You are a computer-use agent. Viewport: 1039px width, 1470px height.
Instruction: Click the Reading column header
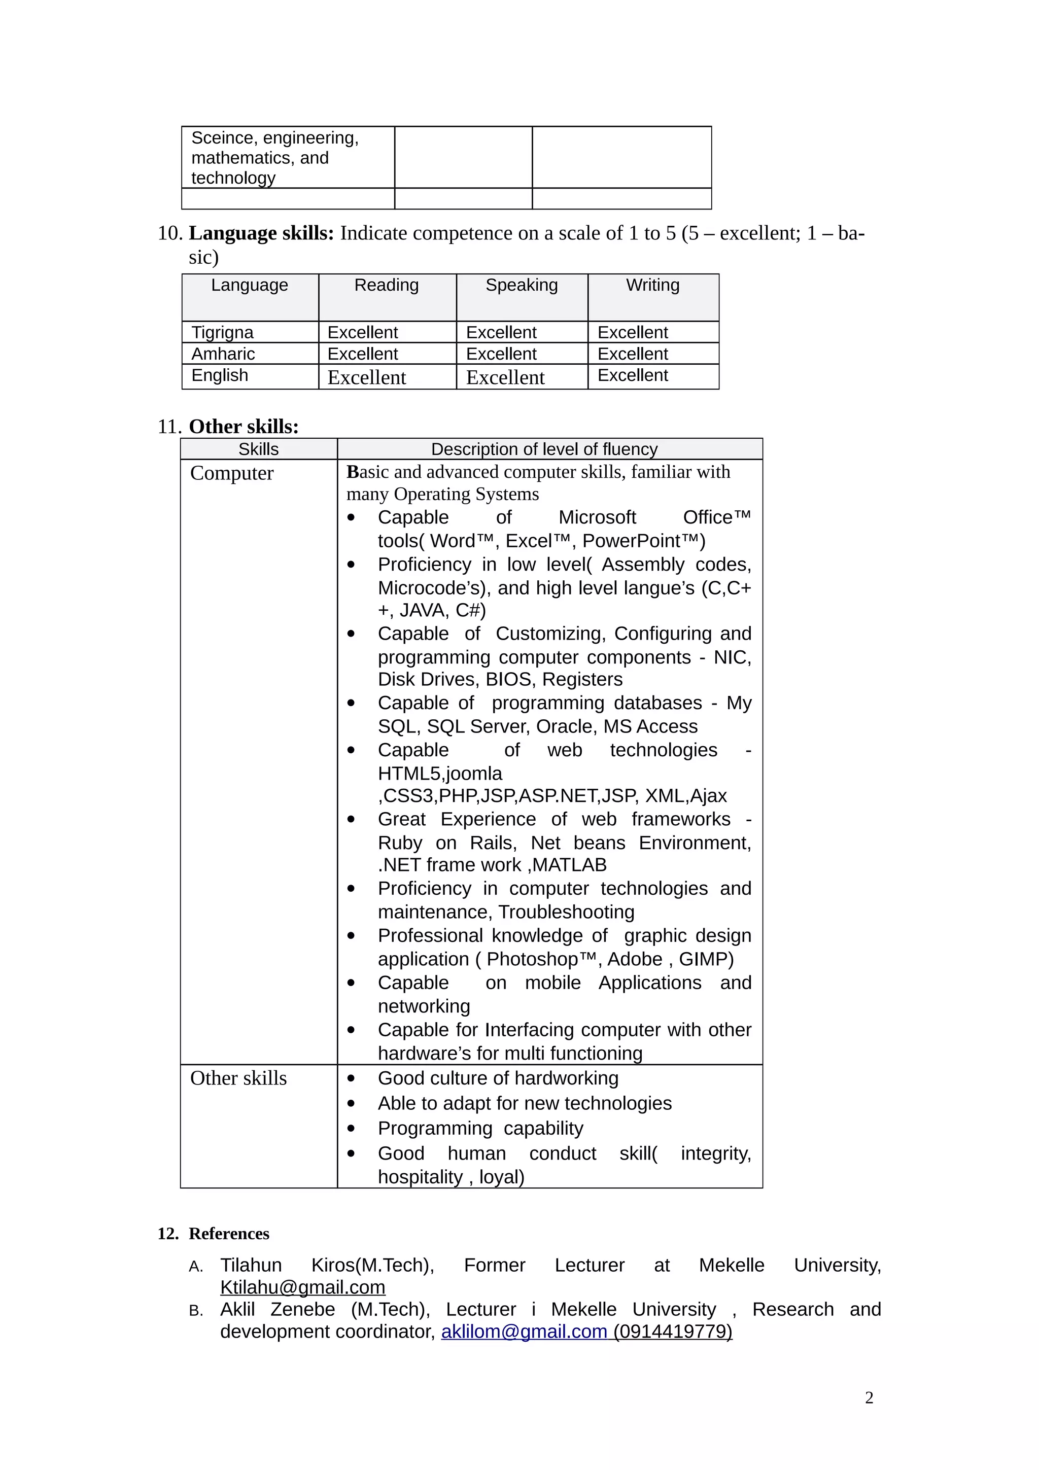[x=386, y=286]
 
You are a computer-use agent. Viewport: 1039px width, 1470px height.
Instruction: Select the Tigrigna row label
[x=222, y=332]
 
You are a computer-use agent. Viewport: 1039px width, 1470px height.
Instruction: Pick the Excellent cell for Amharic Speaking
[x=501, y=354]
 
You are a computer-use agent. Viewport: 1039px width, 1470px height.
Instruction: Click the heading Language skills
[x=261, y=233]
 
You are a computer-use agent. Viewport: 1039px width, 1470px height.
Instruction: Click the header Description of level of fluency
[x=544, y=449]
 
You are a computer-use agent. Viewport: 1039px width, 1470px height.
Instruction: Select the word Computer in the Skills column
[x=232, y=474]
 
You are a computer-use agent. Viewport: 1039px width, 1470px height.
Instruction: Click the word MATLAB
[x=569, y=865]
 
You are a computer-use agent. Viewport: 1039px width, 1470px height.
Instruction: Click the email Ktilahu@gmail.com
[x=302, y=1287]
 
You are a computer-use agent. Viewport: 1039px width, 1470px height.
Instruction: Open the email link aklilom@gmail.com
[x=523, y=1332]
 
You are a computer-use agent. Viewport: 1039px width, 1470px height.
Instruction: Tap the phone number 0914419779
[x=672, y=1332]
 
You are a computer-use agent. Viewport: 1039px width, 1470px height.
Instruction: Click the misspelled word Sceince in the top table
[x=222, y=138]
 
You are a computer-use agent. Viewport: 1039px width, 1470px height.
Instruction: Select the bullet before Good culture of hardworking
[x=351, y=1079]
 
